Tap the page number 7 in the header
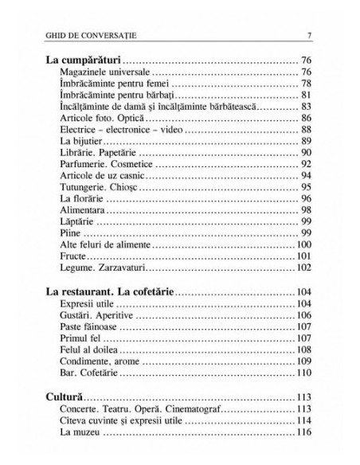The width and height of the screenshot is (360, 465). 308,34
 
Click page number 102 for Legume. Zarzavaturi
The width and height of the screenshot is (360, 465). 303,268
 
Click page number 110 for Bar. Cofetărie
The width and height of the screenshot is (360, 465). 303,372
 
